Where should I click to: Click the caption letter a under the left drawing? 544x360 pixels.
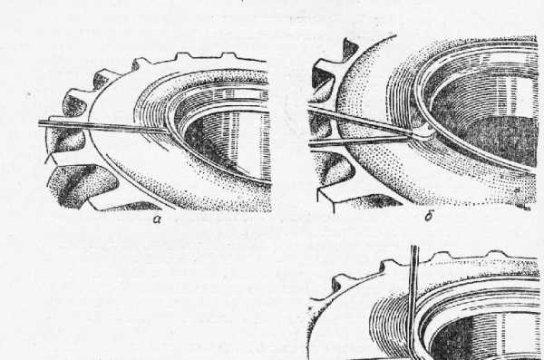click(157, 219)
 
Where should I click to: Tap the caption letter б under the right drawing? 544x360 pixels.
click(429, 217)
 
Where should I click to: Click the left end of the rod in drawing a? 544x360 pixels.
click(39, 123)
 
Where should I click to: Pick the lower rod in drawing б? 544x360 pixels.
click(361, 141)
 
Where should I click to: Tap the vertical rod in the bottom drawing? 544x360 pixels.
click(413, 302)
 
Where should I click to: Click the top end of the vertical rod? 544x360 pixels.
click(414, 247)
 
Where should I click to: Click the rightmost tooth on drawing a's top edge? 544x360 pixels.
click(229, 55)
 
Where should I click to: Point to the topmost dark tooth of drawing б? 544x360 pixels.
click(350, 49)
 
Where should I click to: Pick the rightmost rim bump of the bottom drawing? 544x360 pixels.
click(497, 255)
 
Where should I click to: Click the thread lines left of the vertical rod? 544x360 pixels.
click(390, 323)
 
